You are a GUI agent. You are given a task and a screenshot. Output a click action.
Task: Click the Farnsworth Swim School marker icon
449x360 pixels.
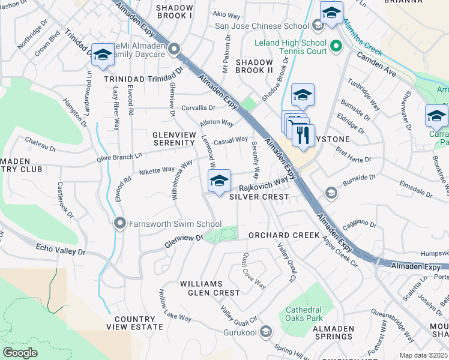[119, 224]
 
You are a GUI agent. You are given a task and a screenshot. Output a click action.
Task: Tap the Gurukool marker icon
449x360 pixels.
[267, 331]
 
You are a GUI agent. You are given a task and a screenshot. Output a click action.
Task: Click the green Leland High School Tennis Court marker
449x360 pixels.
[336, 44]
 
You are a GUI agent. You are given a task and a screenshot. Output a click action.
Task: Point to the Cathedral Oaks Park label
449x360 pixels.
[304, 314]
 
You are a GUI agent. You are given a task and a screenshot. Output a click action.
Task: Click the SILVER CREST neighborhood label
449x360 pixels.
[258, 197]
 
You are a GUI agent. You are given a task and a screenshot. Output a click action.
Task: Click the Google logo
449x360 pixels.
[20, 352]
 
